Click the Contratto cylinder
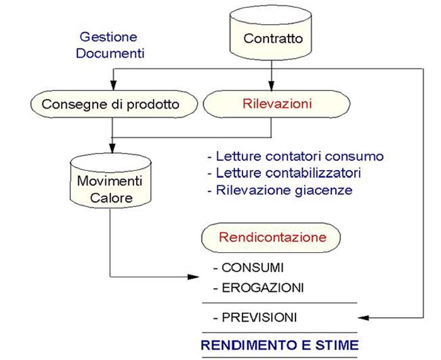click(273, 37)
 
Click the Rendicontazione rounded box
click(272, 238)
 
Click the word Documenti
click(110, 53)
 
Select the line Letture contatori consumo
click(295, 156)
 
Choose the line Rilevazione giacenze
click(280, 190)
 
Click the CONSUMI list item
click(248, 267)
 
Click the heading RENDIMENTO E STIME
click(280, 345)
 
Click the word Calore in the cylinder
click(111, 198)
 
